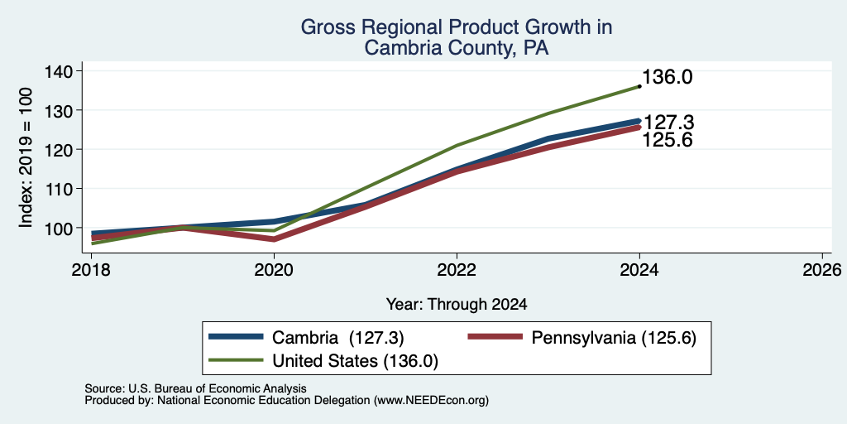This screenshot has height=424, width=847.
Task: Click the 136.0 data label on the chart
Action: tap(668, 77)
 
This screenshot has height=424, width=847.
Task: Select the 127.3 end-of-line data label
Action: tap(668, 123)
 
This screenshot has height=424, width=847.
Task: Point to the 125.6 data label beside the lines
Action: tap(668, 140)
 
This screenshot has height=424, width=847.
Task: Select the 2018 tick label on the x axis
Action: tap(91, 269)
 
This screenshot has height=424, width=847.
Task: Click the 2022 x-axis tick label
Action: tap(457, 269)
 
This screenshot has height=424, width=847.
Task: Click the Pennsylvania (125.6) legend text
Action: tap(614, 338)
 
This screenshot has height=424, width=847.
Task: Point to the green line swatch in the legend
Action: tap(236, 360)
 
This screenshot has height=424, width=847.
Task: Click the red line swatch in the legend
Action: tap(495, 337)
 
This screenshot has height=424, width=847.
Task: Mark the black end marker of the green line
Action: tap(639, 86)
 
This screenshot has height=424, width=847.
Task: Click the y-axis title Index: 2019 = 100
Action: tap(26, 157)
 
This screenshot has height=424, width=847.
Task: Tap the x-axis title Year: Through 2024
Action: tap(457, 305)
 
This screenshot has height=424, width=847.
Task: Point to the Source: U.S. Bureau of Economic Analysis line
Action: tap(195, 388)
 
